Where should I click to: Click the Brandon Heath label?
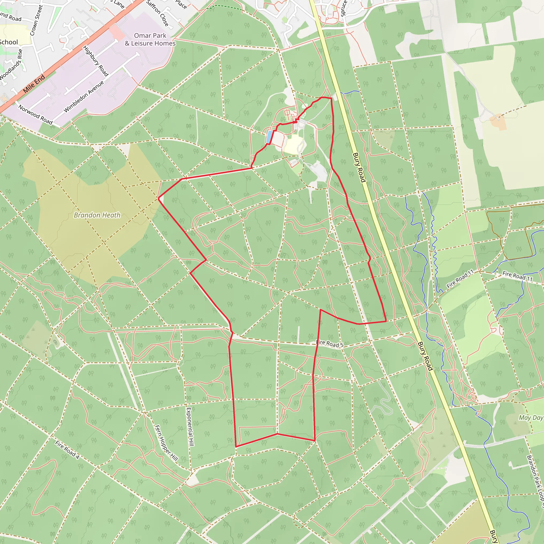[x=97, y=215]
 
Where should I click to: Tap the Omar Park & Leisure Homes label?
[x=150, y=39]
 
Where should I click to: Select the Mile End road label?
[x=34, y=84]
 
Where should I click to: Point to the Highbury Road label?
[x=96, y=61]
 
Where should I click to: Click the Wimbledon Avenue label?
[x=84, y=97]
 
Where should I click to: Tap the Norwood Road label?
[x=36, y=114]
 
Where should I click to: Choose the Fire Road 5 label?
[x=330, y=343]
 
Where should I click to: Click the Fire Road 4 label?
[x=67, y=450]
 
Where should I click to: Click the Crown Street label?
[x=37, y=20]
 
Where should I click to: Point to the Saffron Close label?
[x=158, y=13]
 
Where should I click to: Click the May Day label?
[x=531, y=418]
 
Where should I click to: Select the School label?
[x=8, y=42]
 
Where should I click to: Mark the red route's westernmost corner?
[x=159, y=198]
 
